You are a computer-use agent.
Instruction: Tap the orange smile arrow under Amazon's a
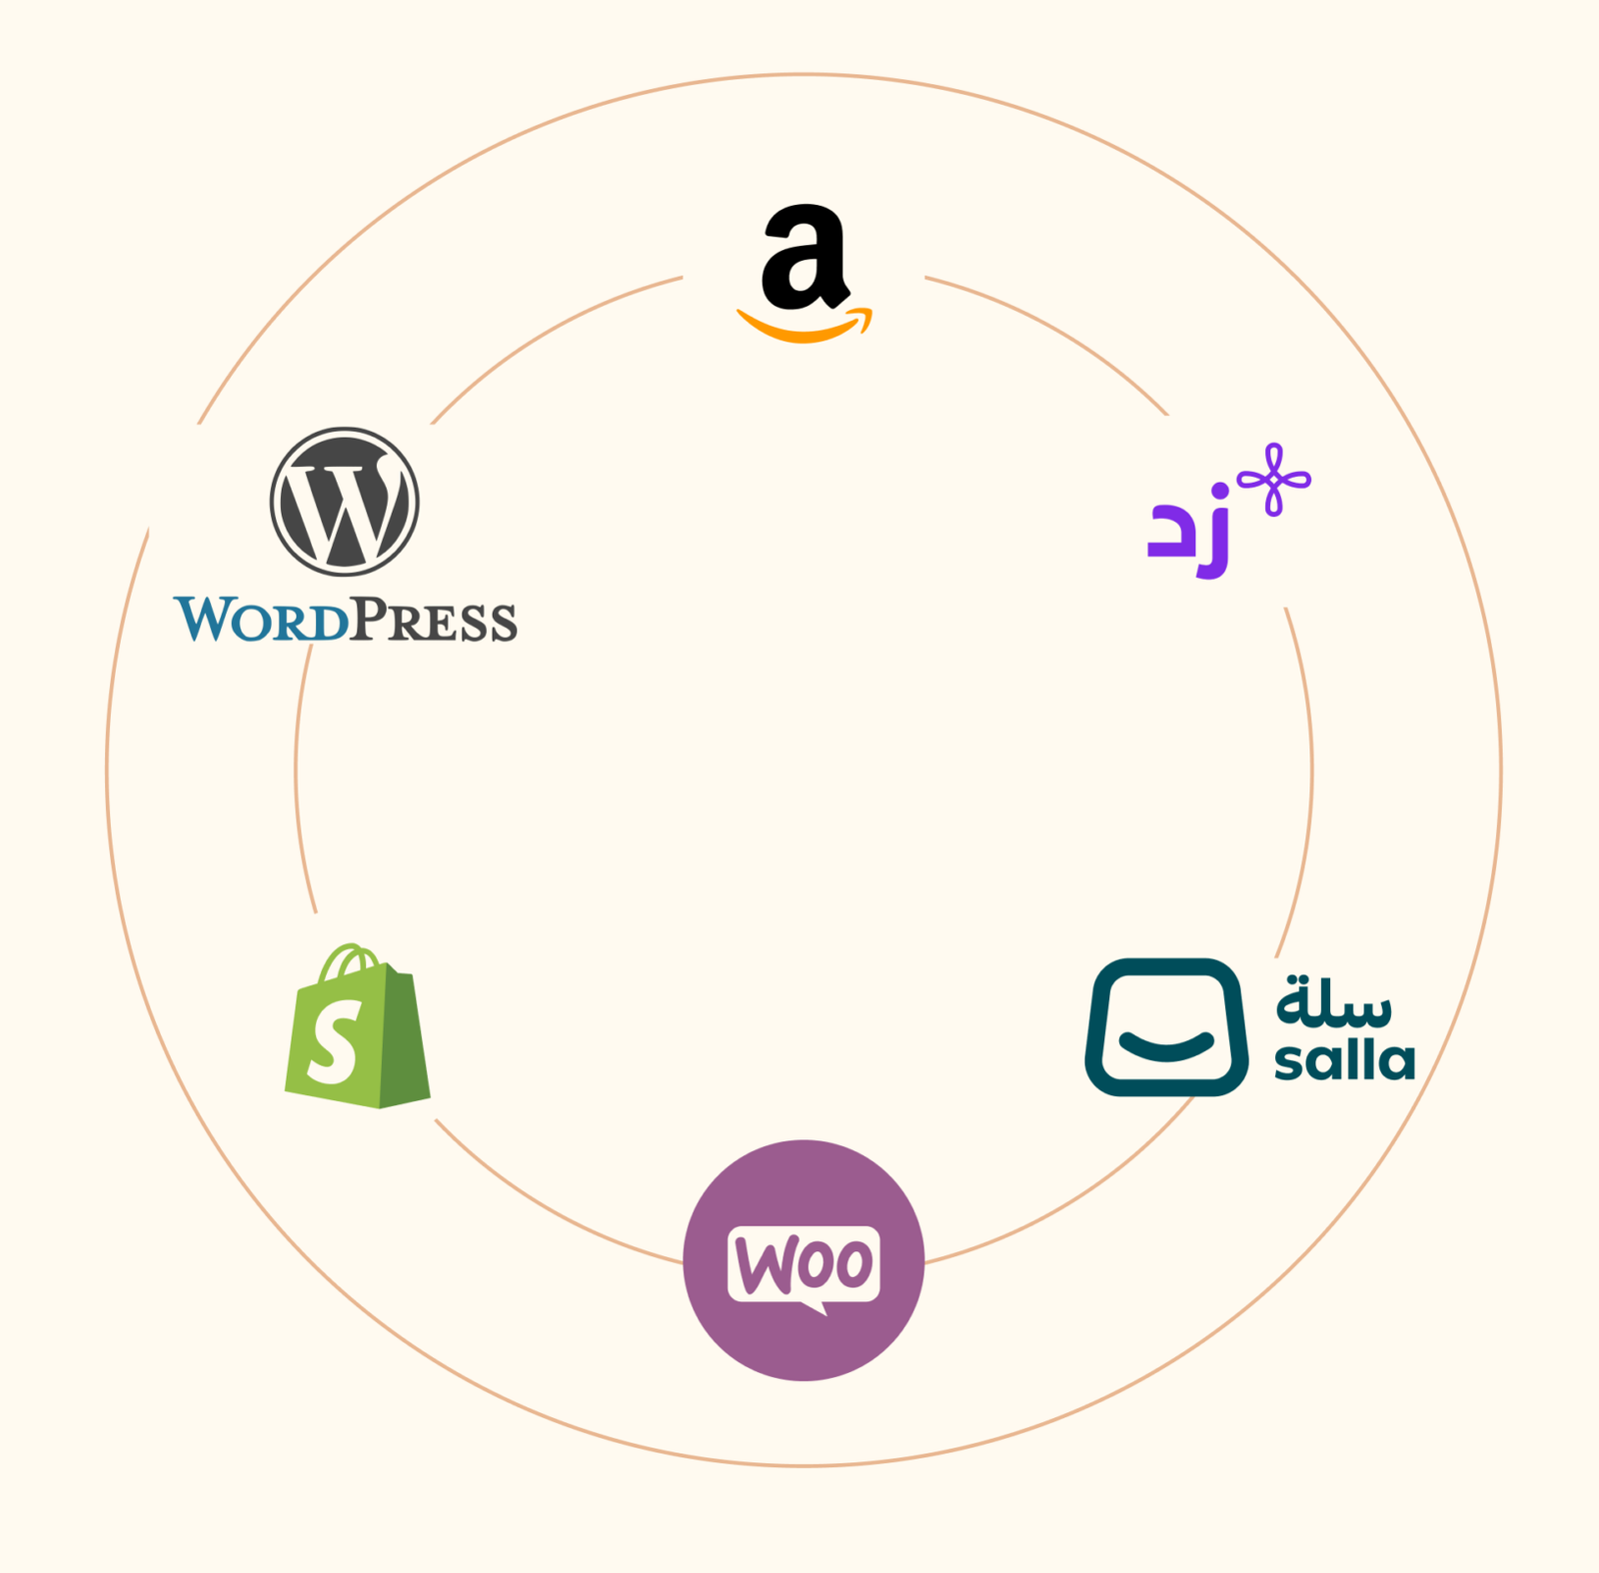coord(804,326)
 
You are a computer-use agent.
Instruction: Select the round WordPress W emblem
coord(345,502)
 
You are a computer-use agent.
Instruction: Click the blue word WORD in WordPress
coord(262,620)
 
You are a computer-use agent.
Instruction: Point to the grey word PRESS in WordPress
coord(434,620)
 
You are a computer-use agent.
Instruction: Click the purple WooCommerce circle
coord(803,1260)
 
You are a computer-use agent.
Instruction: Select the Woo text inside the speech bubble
coord(803,1264)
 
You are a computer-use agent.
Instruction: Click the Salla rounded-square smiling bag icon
coord(1166,1027)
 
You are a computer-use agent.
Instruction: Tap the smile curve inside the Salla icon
coord(1166,1045)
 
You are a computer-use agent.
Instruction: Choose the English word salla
coord(1345,1059)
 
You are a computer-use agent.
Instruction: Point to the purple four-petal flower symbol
coord(1274,480)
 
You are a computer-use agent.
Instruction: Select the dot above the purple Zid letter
coord(1218,492)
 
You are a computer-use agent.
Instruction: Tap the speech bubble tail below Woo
coord(814,1307)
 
